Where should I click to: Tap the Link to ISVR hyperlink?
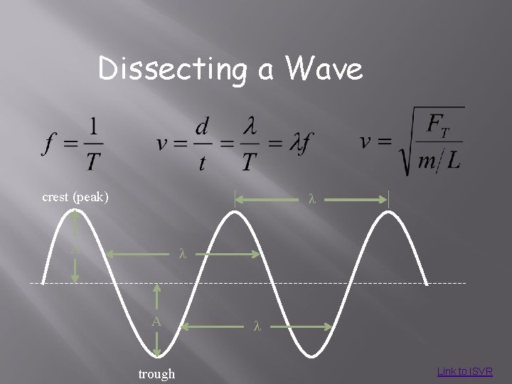[x=464, y=371]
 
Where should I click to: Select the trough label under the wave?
[x=156, y=373]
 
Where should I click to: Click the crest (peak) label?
[x=75, y=196]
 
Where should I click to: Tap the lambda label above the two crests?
[x=311, y=199]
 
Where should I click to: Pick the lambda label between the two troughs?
[x=257, y=326]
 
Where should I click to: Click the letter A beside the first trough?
[x=156, y=321]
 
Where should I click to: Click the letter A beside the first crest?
[x=74, y=249]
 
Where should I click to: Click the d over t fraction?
[x=203, y=144]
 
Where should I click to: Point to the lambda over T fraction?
[x=248, y=144]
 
